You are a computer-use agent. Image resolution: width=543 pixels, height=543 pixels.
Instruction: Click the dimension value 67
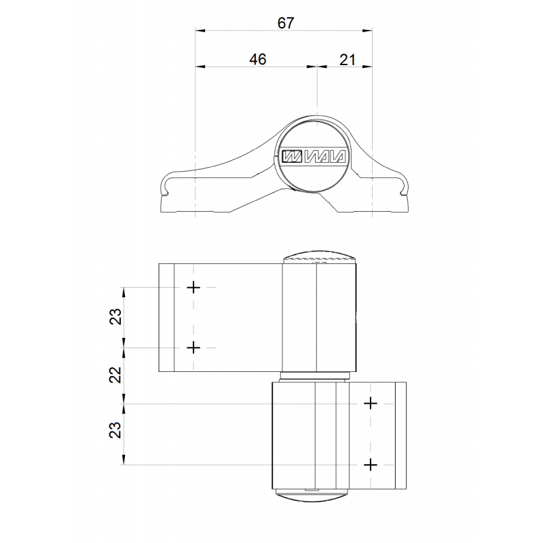coord(286,23)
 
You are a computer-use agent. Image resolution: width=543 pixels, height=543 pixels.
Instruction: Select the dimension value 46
coord(258,60)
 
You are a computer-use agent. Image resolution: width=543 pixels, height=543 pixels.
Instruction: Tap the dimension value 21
coord(348,60)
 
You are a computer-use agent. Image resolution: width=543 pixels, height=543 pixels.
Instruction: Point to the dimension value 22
coord(115,375)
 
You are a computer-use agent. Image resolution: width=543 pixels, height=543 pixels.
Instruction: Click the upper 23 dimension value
coord(115,316)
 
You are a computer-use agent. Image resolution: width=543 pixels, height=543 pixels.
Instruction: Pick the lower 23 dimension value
coord(115,430)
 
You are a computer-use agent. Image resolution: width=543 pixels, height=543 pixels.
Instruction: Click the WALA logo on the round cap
coord(314,156)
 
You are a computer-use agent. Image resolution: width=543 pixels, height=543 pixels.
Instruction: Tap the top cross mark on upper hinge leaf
coord(193,287)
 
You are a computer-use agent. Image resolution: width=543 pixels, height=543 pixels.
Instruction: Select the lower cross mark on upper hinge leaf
coord(193,348)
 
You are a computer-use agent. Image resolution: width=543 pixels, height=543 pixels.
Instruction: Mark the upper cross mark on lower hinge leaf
coord(371,403)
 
